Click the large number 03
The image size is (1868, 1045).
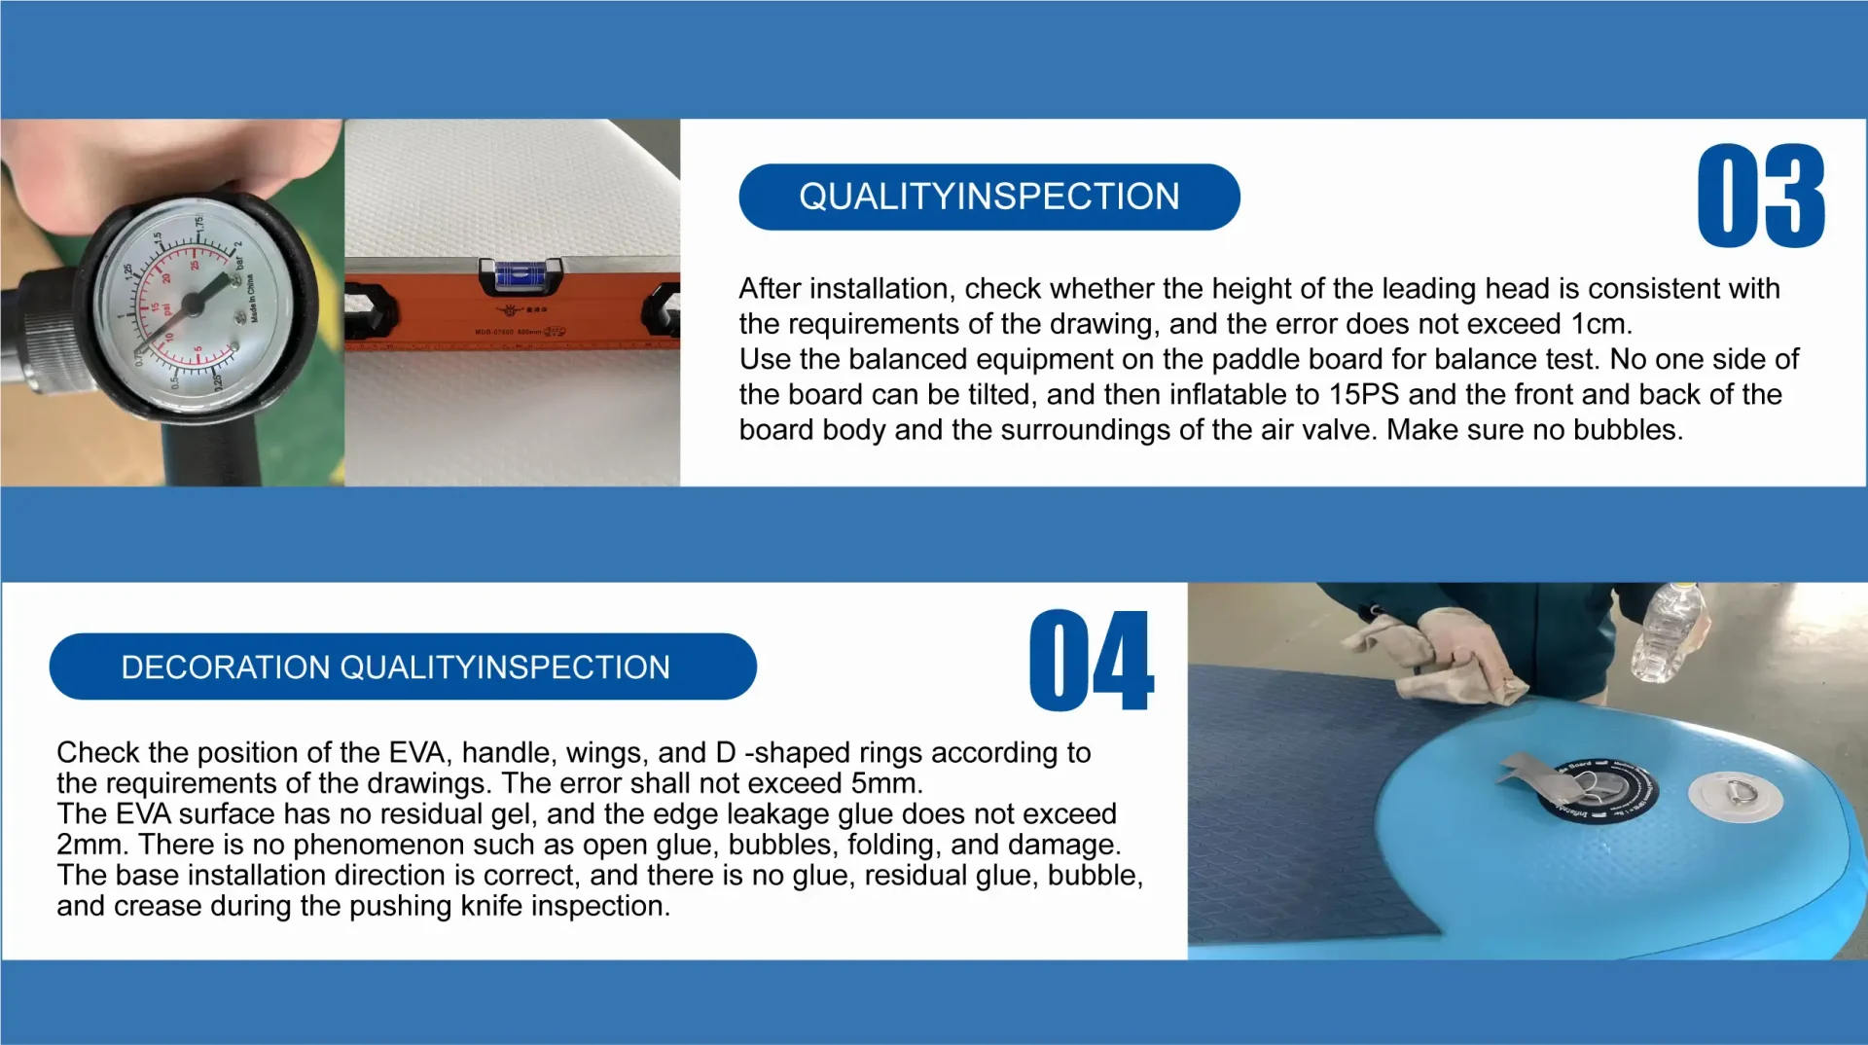coord(1761,196)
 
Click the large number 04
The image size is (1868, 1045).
coord(1091,661)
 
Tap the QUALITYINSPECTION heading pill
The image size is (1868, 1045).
coord(989,197)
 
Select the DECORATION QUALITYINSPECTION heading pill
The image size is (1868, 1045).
coord(403,667)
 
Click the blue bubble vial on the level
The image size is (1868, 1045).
coord(521,276)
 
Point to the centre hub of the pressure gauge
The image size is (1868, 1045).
coord(193,304)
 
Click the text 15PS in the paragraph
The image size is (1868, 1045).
coord(1364,394)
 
